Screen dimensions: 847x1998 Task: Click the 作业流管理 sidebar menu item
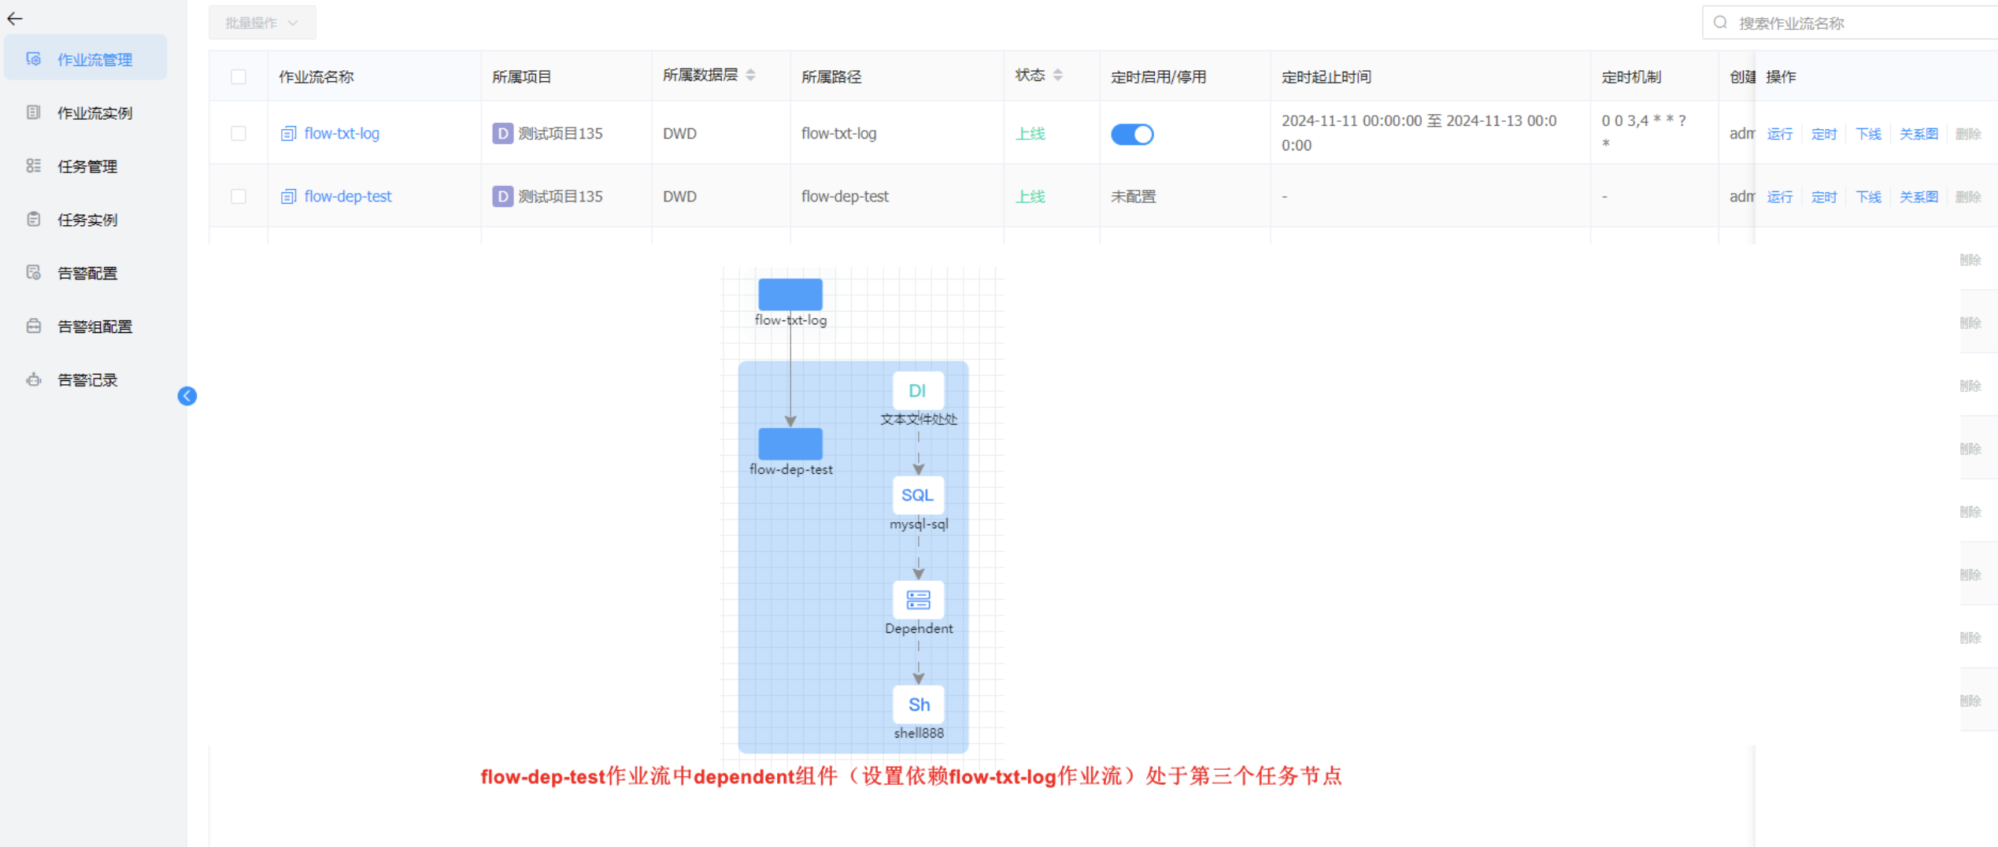point(94,60)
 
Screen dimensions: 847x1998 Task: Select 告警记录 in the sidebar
point(87,380)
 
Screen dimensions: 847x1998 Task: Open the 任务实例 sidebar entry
point(87,220)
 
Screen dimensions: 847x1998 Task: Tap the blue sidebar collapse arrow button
point(187,396)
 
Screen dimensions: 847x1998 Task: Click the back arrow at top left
point(15,18)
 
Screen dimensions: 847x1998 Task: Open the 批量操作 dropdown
point(261,23)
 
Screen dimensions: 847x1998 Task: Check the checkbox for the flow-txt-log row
point(239,134)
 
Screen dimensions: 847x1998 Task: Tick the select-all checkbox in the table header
point(239,77)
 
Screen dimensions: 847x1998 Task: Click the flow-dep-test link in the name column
point(347,197)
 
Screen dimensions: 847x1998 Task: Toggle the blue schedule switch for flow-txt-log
point(1132,135)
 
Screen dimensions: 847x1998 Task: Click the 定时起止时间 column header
point(1326,77)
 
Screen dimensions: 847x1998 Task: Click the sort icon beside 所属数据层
point(750,76)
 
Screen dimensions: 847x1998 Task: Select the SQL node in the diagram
point(918,495)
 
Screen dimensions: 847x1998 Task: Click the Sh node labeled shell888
point(918,705)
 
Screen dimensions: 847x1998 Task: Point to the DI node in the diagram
point(918,391)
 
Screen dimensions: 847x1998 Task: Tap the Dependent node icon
point(918,601)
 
